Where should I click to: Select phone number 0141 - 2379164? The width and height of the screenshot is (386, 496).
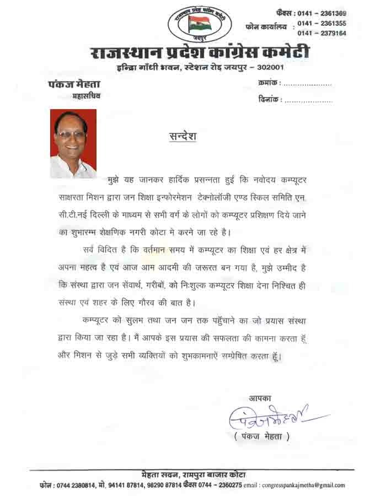pyautogui.click(x=322, y=33)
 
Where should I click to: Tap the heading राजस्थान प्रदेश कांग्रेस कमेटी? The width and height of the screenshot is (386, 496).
pyautogui.click(x=199, y=53)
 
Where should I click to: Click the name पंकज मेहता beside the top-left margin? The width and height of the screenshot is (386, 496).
pyautogui.click(x=70, y=84)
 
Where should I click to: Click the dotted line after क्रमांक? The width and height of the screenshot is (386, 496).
pyautogui.click(x=307, y=84)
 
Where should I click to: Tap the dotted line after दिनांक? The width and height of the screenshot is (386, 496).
pyautogui.click(x=308, y=101)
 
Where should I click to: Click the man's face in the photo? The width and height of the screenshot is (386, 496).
pyautogui.click(x=71, y=134)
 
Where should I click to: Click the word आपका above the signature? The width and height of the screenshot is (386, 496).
pyautogui.click(x=260, y=398)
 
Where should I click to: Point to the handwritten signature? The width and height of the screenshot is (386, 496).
pyautogui.click(x=270, y=417)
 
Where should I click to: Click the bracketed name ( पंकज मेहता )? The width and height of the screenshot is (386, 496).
pyautogui.click(x=262, y=437)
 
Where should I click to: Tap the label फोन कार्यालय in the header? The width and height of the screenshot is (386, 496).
pyautogui.click(x=267, y=26)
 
